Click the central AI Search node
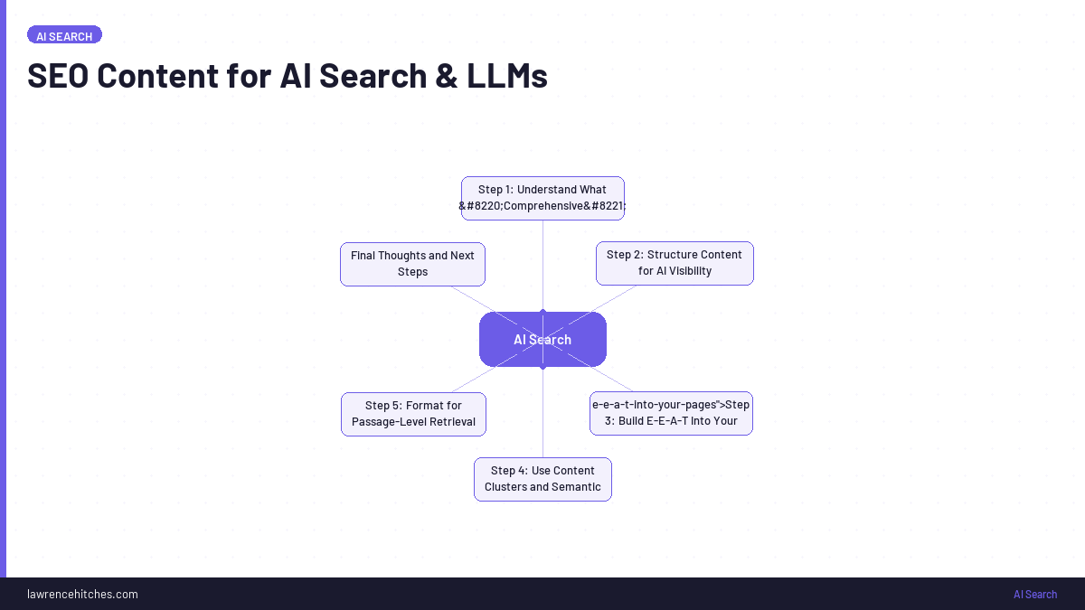click(x=542, y=340)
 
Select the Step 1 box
click(x=542, y=198)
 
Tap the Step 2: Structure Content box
click(x=675, y=263)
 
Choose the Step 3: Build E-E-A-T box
click(x=671, y=413)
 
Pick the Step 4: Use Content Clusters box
click(x=542, y=479)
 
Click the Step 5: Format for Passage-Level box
click(x=413, y=414)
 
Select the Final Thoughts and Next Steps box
click(x=412, y=264)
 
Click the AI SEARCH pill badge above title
click(x=64, y=35)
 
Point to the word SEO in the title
click(x=58, y=76)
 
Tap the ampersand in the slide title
click(x=445, y=76)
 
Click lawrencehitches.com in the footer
click(x=82, y=594)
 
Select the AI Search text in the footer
click(x=1034, y=594)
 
